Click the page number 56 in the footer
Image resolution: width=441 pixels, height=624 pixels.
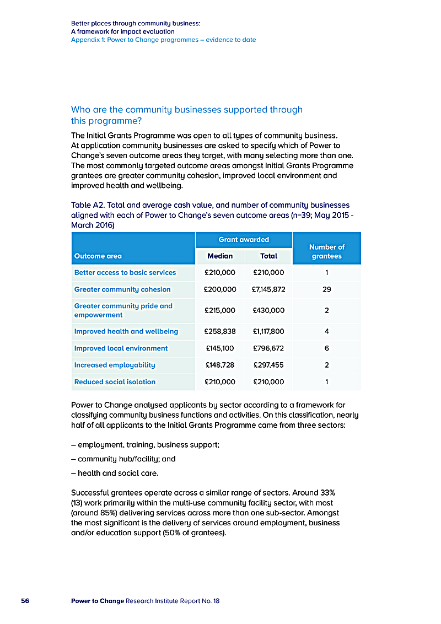[x=25, y=601]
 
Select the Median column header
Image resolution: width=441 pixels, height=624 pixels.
[x=219, y=256]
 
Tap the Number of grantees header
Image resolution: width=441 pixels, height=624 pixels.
[x=326, y=251]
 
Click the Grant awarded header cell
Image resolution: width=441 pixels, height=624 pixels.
[x=244, y=239]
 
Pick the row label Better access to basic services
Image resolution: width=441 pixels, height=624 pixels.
[x=125, y=272]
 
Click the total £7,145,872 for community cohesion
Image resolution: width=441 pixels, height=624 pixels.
[x=268, y=289]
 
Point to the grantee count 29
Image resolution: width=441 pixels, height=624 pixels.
[x=326, y=289]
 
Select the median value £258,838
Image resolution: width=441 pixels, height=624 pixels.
[x=219, y=331]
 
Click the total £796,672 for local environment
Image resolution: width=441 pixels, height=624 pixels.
[x=268, y=348]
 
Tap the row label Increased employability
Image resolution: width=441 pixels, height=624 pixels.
[x=115, y=365]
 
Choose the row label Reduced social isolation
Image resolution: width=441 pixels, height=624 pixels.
[x=115, y=381]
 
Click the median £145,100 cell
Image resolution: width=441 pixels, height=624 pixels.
[x=219, y=348]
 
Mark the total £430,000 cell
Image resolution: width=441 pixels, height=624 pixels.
[x=268, y=310]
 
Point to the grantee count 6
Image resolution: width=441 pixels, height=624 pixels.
[x=326, y=348]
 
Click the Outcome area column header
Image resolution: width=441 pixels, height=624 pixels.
[x=98, y=256]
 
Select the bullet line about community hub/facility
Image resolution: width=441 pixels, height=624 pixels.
[x=119, y=459]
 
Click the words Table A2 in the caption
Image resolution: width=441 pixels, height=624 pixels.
[x=86, y=205]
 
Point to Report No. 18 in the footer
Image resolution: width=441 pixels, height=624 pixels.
[x=200, y=601]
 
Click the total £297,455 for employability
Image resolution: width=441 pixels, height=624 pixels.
[x=268, y=365]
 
